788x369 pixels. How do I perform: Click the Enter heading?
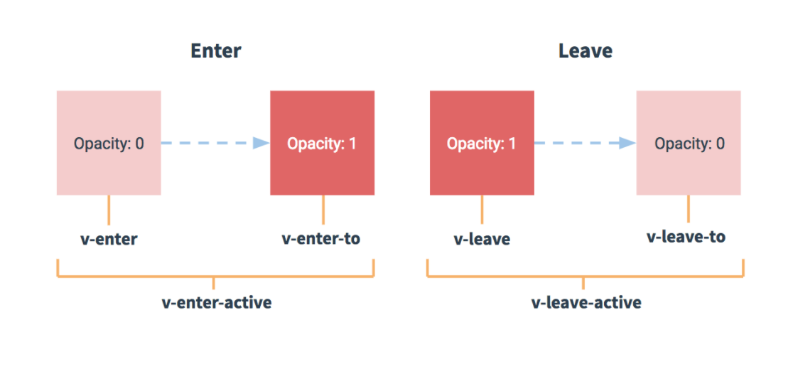(215, 51)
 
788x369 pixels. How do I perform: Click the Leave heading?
(585, 51)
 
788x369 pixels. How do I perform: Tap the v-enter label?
(109, 239)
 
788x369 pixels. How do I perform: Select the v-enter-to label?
(321, 238)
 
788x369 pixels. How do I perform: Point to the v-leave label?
(482, 239)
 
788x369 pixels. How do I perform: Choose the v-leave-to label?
(686, 236)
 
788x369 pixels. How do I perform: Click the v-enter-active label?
(217, 303)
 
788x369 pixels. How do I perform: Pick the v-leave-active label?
(586, 303)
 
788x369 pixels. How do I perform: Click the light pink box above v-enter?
(109, 143)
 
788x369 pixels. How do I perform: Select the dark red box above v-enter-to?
(322, 143)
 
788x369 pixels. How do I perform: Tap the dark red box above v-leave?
(482, 143)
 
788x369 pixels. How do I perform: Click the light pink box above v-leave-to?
(689, 143)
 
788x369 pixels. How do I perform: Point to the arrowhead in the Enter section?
(261, 144)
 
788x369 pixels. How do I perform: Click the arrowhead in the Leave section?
(627, 144)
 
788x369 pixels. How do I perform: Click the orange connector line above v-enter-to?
(323, 210)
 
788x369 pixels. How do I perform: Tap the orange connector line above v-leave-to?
(689, 208)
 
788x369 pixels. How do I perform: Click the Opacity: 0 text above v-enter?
(109, 144)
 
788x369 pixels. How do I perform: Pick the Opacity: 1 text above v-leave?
(482, 144)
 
